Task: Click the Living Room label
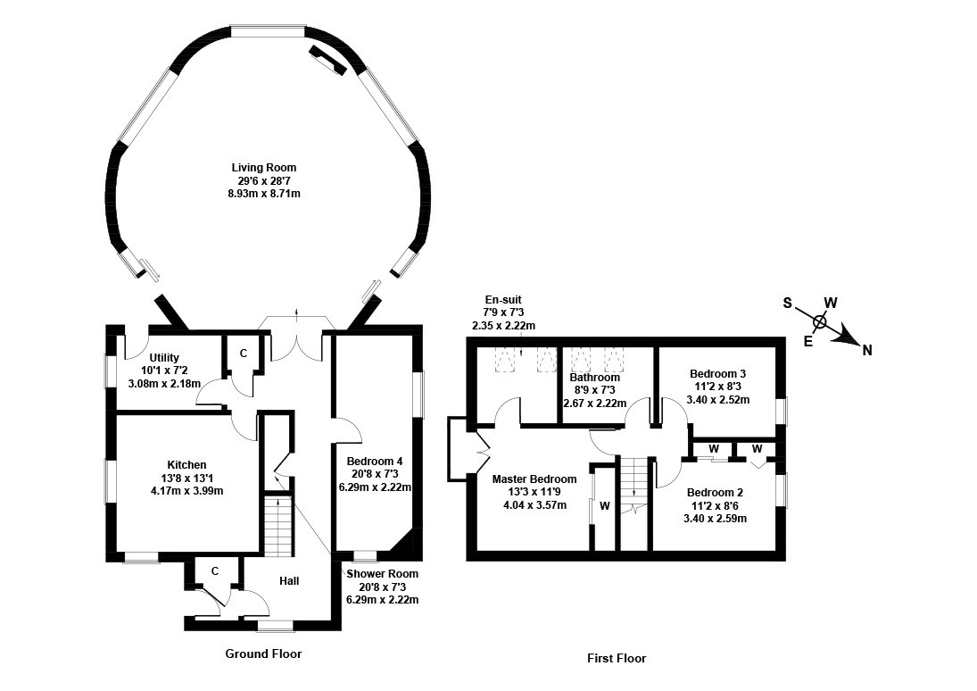(x=264, y=168)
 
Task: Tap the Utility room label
(x=164, y=358)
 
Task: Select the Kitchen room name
(x=186, y=465)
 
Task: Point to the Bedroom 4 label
(x=375, y=462)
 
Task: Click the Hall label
(x=289, y=581)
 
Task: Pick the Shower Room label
(x=382, y=574)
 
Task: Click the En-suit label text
(x=503, y=300)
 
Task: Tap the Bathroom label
(x=595, y=378)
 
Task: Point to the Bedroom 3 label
(x=717, y=373)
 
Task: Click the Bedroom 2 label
(x=715, y=492)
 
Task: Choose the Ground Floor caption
(x=263, y=654)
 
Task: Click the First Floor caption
(x=617, y=659)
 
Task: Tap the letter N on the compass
(x=866, y=350)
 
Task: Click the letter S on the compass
(x=788, y=303)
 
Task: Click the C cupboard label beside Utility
(x=243, y=354)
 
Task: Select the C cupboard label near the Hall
(x=215, y=571)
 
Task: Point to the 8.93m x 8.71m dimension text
(x=264, y=193)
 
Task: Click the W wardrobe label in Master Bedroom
(x=604, y=507)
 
